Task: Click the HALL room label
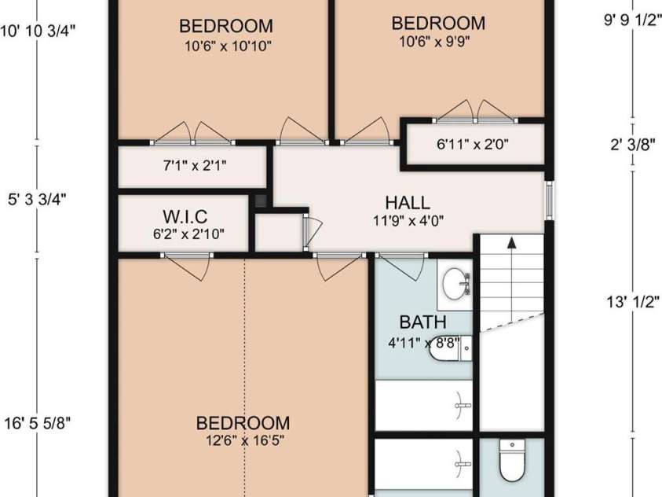(x=408, y=202)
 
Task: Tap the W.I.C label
(x=185, y=215)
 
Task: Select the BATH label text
(x=422, y=322)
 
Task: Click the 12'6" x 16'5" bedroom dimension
(x=242, y=440)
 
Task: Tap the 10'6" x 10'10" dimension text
(x=227, y=46)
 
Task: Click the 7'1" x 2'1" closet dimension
(x=191, y=167)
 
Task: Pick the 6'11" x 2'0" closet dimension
(x=473, y=145)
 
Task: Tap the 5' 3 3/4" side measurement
(x=37, y=199)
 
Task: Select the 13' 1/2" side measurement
(x=631, y=301)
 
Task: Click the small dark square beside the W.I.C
(x=261, y=201)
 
